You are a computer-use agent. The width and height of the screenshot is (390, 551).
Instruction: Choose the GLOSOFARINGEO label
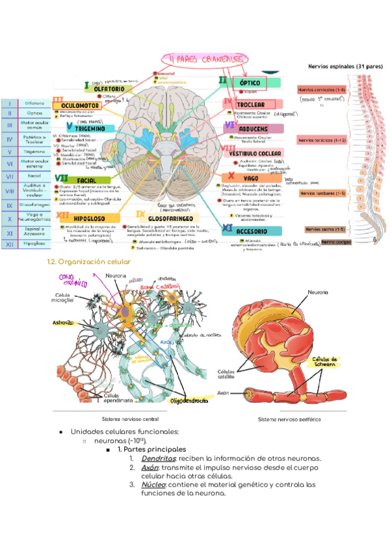[x=175, y=220]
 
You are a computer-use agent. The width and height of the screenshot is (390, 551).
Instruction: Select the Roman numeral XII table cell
[x=9, y=244]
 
